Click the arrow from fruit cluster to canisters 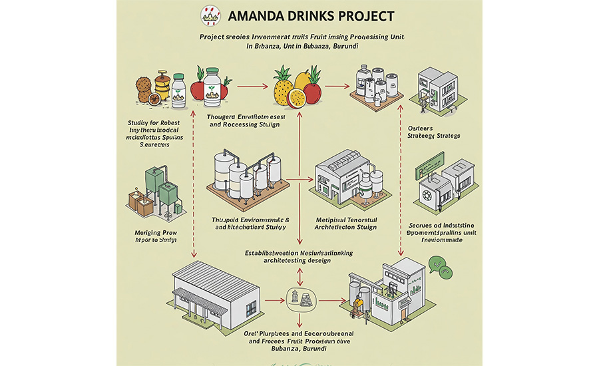point(336,86)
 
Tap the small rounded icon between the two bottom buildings point(299,297)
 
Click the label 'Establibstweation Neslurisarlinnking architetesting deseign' point(298,257)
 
